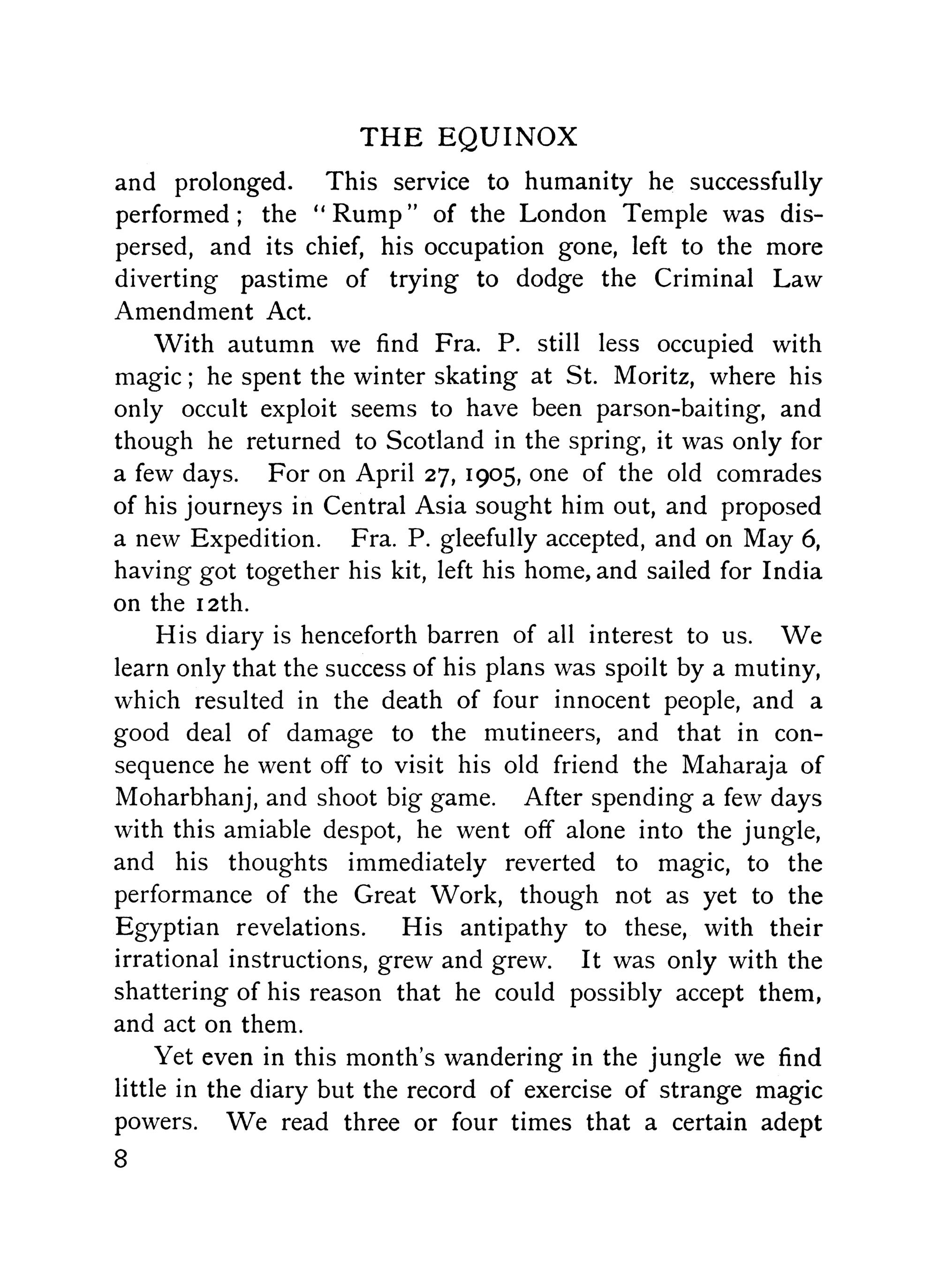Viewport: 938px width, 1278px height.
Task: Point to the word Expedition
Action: click(x=254, y=538)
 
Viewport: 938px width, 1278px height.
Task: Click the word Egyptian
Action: click(x=167, y=928)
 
